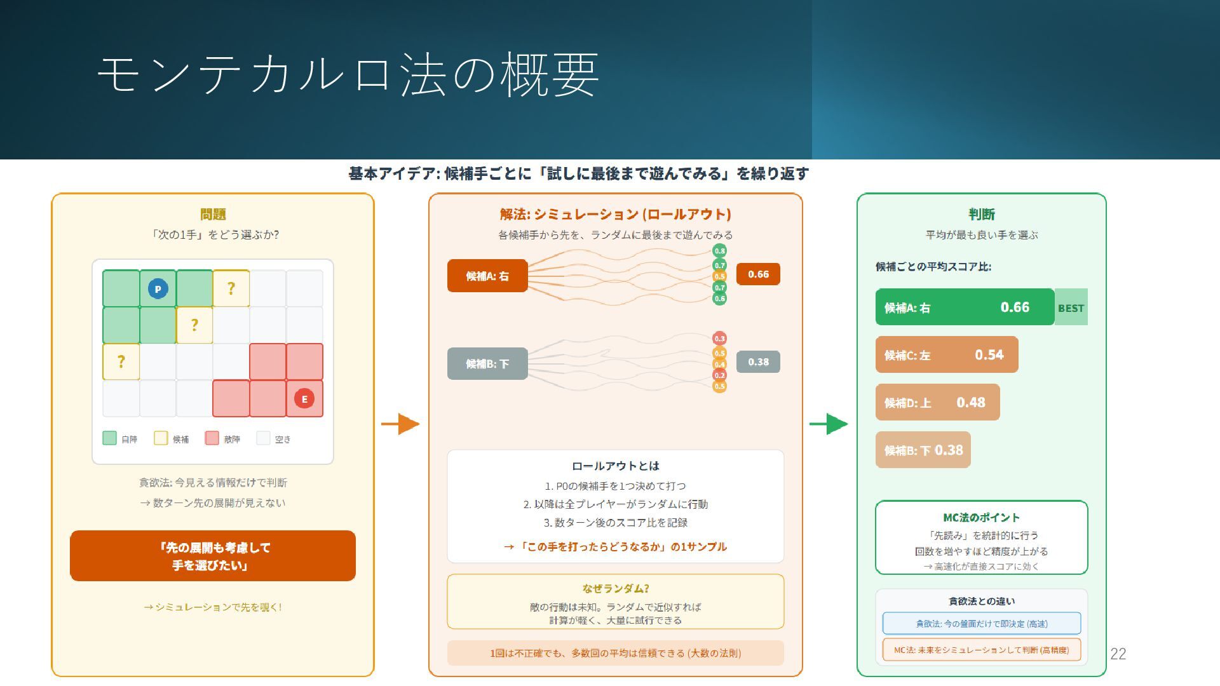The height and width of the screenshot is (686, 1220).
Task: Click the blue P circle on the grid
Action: [x=158, y=289]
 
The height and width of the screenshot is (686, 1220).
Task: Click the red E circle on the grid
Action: [x=304, y=399]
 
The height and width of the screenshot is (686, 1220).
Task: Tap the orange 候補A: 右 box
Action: [x=487, y=276]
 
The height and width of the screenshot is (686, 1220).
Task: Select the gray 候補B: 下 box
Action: [x=487, y=363]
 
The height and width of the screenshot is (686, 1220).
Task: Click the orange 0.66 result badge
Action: [x=758, y=274]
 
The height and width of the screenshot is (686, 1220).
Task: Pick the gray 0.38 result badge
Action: [x=758, y=362]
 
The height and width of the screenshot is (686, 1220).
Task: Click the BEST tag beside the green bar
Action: [x=1071, y=307]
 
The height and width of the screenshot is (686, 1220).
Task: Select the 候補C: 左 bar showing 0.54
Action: [x=946, y=354]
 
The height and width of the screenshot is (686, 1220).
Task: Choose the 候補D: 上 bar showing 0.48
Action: [x=937, y=402]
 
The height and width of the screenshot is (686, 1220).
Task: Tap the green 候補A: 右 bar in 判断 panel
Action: [x=964, y=307]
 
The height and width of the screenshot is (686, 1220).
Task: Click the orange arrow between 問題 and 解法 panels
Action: [x=400, y=424]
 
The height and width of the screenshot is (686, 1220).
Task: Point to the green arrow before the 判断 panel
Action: [x=829, y=424]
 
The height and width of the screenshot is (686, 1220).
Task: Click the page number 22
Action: [x=1118, y=654]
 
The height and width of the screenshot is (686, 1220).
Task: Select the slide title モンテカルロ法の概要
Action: [x=348, y=75]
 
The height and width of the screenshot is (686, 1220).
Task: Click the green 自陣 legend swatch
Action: [x=109, y=438]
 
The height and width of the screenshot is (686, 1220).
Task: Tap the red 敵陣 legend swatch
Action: [x=212, y=438]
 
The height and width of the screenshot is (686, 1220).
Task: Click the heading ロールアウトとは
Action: [x=615, y=466]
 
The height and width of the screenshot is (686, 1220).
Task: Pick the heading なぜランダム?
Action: [x=615, y=588]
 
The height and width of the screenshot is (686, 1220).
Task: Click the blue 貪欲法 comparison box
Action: [x=981, y=623]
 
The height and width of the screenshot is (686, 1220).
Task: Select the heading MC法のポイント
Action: [x=981, y=517]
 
